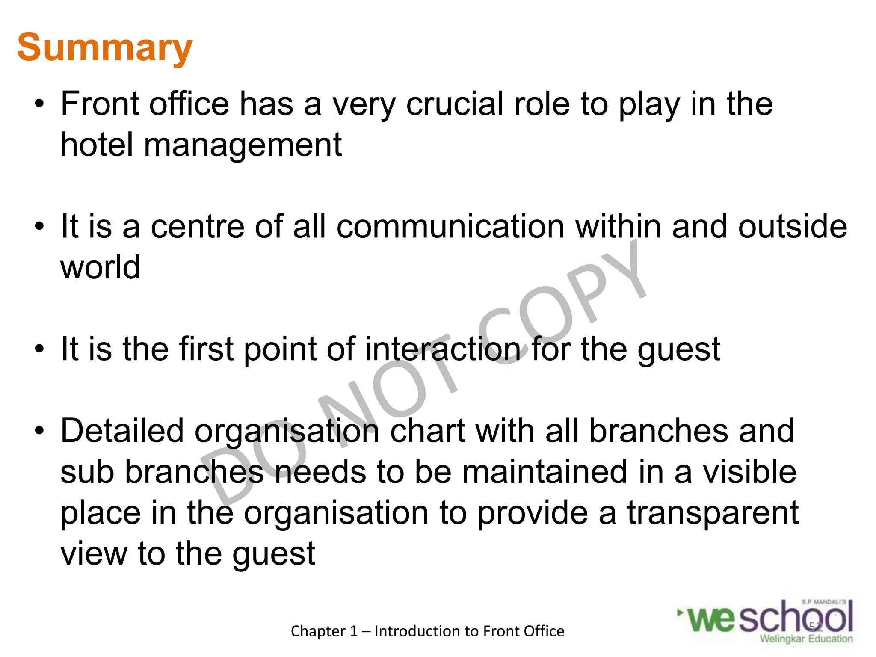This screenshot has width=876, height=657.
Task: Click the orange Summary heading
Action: [105, 48]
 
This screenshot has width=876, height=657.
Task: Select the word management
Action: [243, 145]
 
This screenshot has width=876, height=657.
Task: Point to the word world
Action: [100, 267]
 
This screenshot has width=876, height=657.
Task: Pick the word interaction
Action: [442, 349]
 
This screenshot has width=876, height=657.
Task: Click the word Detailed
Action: [122, 431]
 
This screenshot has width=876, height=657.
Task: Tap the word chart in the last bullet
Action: [427, 431]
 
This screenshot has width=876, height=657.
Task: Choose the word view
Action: [94, 553]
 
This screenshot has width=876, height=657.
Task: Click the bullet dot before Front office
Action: [39, 104]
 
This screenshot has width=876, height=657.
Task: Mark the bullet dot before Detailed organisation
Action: [39, 431]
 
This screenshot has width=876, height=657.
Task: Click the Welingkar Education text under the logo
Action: [806, 639]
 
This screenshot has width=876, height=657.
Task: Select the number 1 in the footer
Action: [353, 631]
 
